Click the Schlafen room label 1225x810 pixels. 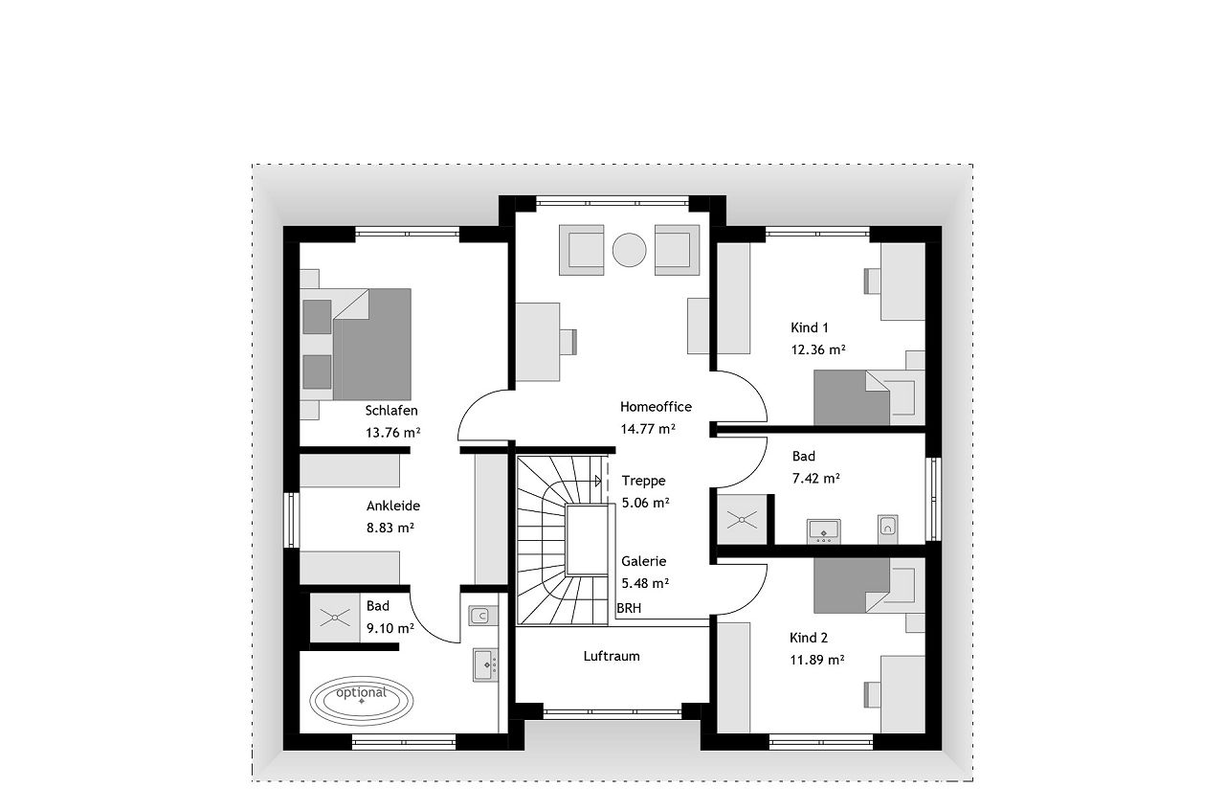click(x=391, y=411)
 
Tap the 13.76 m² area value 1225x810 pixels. click(x=392, y=433)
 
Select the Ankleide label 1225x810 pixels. click(x=393, y=506)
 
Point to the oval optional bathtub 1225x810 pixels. click(x=361, y=700)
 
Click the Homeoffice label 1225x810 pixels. click(x=656, y=407)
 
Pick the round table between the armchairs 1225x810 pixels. click(x=629, y=250)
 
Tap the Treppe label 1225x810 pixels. click(x=643, y=481)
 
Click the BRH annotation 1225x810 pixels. click(x=629, y=608)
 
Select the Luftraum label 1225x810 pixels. click(x=612, y=656)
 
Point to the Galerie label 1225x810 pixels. click(x=644, y=561)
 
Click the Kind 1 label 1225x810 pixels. click(x=810, y=327)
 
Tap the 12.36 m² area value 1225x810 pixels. click(x=818, y=349)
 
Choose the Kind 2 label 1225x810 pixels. click(x=809, y=638)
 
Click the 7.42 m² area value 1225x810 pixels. click(x=816, y=479)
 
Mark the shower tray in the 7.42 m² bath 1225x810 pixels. click(x=742, y=519)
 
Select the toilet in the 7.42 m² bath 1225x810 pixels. click(x=887, y=529)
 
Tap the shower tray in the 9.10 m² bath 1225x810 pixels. click(x=335, y=619)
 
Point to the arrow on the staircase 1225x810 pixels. click(x=598, y=481)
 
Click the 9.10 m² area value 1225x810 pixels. click(x=390, y=628)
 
